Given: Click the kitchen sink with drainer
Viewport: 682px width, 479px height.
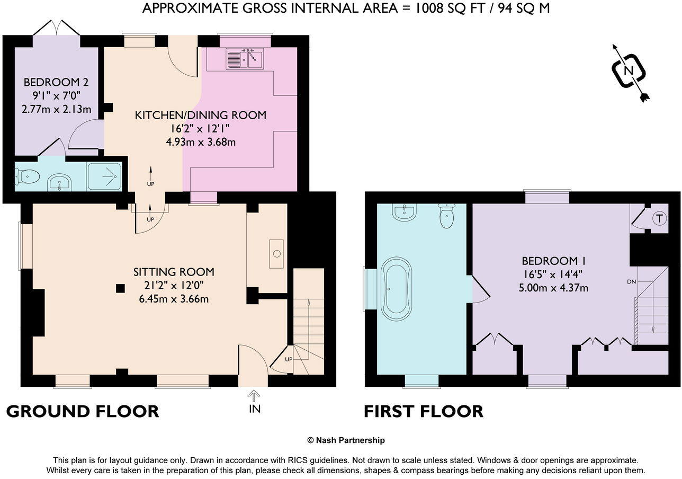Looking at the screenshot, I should [245, 59].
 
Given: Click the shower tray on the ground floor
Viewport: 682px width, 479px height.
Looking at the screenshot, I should [104, 176].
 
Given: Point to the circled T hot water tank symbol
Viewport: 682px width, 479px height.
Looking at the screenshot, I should [659, 218].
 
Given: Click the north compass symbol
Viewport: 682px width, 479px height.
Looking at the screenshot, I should [629, 71].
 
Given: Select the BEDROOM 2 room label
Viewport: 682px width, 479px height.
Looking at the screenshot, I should [56, 83].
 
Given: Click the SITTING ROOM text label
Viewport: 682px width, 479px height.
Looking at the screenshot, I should [173, 272].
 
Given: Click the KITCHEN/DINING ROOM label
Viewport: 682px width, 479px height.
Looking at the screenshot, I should [200, 115].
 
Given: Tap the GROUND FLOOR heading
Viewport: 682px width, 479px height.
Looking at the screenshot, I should [82, 411].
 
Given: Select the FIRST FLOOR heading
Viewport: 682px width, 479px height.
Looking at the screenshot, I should [423, 411].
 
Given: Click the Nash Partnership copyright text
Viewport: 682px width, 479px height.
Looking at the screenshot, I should [346, 440].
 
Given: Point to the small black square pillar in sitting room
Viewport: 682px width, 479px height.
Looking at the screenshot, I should [121, 288].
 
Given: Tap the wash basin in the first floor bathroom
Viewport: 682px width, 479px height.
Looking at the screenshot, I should [405, 212].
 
